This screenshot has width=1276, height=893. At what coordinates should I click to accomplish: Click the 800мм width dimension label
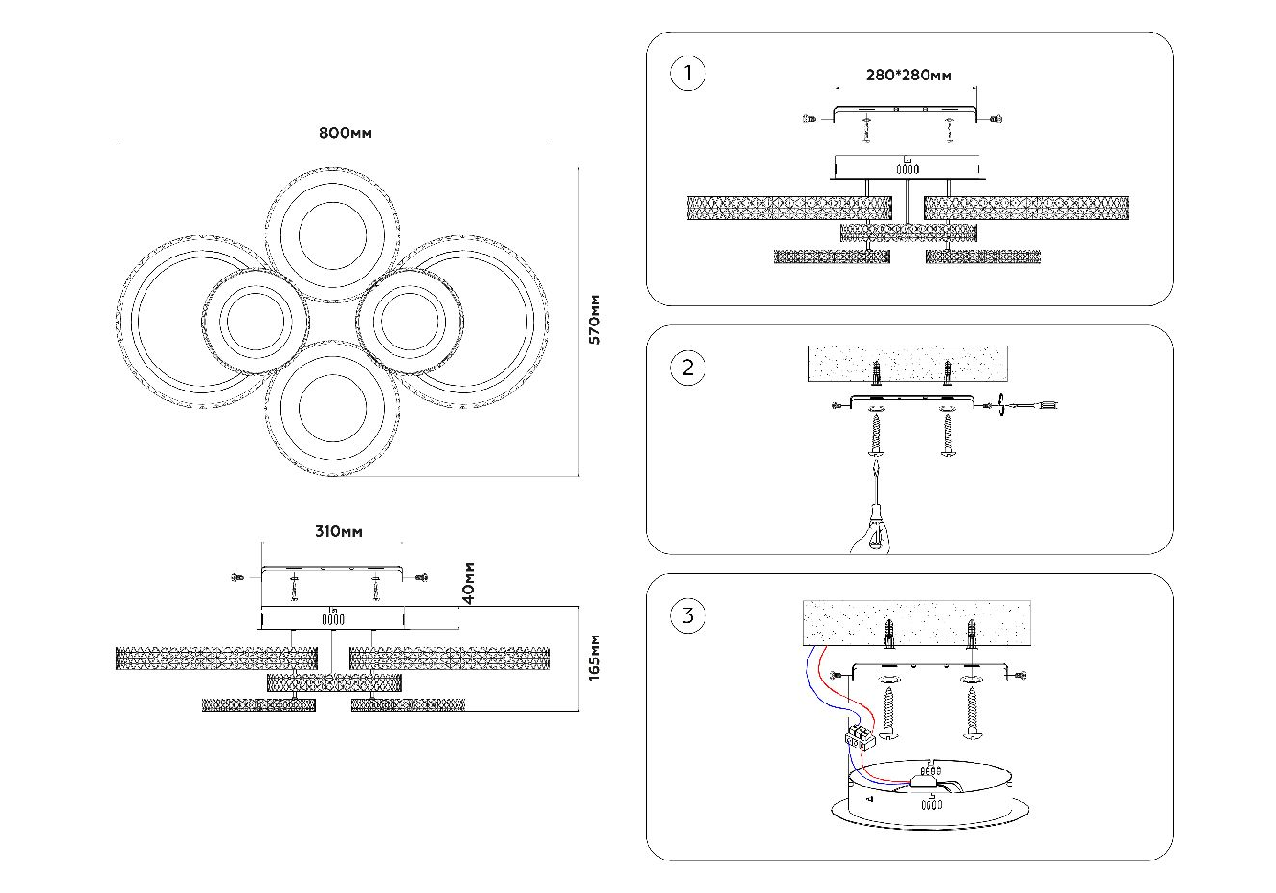click(345, 134)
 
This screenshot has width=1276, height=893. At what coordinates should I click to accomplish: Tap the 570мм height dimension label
click(594, 319)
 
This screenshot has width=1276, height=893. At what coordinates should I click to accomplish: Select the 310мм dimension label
click(339, 532)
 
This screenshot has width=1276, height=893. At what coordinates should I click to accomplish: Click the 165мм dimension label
click(594, 657)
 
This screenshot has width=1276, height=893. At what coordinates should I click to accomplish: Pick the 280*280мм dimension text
click(908, 76)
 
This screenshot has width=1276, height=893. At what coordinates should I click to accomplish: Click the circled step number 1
click(687, 75)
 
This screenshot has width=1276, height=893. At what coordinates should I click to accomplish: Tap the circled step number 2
click(687, 368)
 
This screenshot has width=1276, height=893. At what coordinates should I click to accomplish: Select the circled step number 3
click(687, 615)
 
